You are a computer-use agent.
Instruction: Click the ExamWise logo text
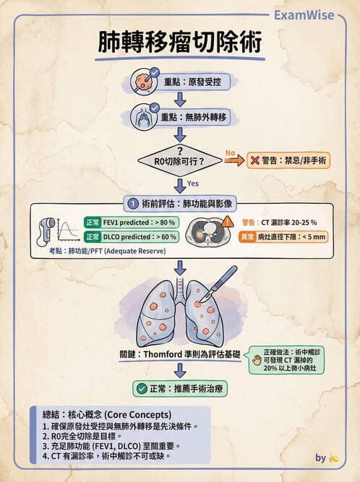304,15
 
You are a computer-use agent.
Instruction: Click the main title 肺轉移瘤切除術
180,42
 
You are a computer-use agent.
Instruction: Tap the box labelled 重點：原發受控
193,82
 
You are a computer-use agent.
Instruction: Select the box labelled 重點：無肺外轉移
193,117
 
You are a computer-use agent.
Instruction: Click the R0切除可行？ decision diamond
180,160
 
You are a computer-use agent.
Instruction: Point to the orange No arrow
234,160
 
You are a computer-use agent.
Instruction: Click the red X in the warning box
255,160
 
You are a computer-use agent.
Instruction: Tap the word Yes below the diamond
193,184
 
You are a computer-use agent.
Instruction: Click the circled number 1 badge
133,204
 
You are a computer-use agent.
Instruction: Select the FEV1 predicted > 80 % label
132,223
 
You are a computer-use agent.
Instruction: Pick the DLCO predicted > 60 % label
132,237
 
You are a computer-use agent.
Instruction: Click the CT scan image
206,231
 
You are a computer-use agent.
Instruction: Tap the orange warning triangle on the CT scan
227,221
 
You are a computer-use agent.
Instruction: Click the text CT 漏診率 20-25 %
288,223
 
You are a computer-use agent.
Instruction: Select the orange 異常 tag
248,237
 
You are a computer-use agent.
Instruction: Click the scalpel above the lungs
218,284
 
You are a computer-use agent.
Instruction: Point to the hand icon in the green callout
257,360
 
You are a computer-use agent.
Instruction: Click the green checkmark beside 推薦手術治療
142,389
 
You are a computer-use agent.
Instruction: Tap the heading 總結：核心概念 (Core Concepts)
107,415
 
